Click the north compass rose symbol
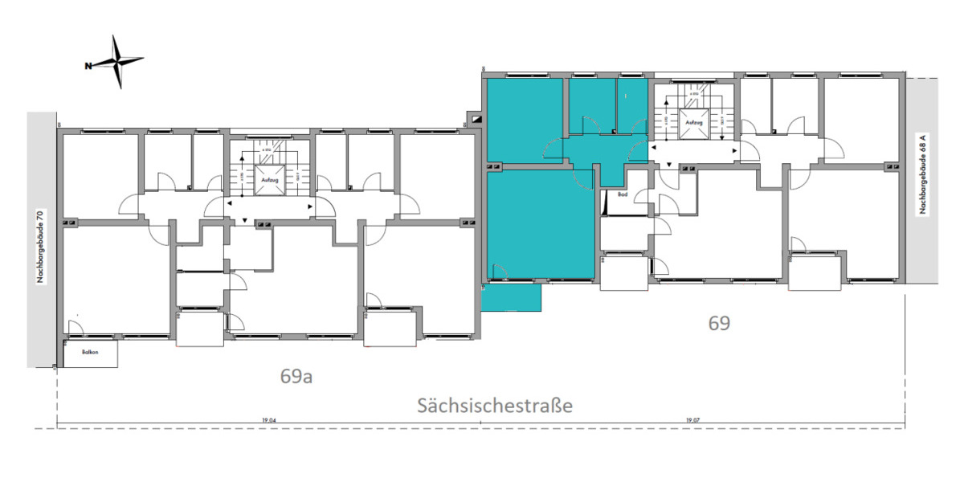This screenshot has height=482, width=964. (119, 61)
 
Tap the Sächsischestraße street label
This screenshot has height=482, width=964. (494, 406)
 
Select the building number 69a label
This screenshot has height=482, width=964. (296, 376)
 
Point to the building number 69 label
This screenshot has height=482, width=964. (719, 323)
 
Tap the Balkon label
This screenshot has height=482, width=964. (89, 353)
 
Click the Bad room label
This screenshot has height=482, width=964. (623, 194)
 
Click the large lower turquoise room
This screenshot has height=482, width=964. (540, 223)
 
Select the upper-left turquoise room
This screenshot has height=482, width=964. (525, 118)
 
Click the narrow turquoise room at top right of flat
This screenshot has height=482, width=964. (631, 104)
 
